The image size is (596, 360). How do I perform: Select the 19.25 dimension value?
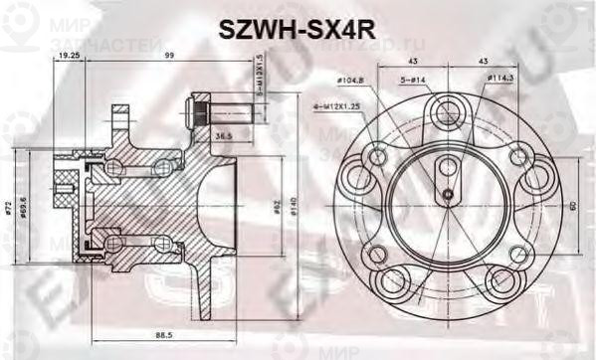click(69, 57)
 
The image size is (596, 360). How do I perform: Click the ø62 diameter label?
click(276, 209)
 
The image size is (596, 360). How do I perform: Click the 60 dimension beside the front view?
click(573, 206)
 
